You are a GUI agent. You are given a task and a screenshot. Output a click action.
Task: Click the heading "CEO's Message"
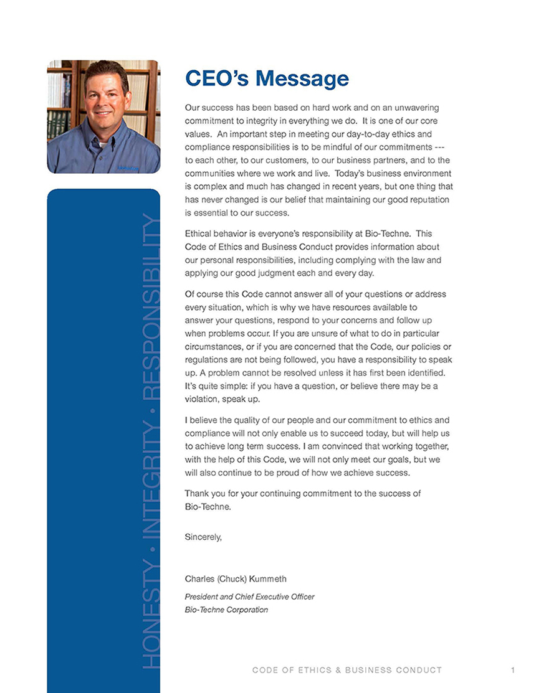click(x=267, y=79)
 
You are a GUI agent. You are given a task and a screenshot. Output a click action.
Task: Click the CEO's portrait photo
click(x=103, y=116)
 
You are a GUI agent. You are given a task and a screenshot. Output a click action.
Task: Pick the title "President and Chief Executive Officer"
click(x=249, y=596)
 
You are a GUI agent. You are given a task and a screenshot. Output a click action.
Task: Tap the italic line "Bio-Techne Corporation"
click(x=226, y=610)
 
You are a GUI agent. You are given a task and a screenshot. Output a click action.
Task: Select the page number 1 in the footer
click(x=512, y=670)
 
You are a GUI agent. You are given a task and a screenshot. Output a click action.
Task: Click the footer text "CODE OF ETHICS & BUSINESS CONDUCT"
click(x=347, y=670)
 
